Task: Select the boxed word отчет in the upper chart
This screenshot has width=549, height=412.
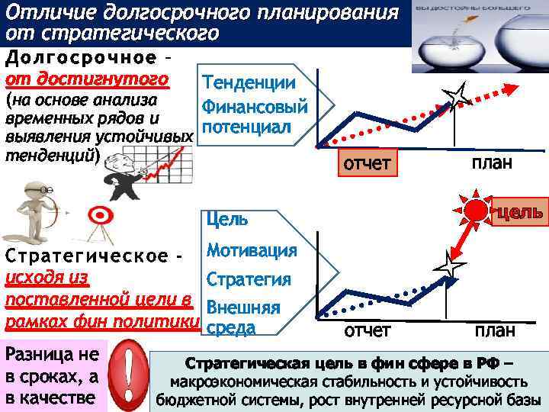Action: tap(368, 162)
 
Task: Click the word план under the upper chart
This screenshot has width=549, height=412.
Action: tap(491, 163)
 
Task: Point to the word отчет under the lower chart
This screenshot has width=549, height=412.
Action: tap(368, 330)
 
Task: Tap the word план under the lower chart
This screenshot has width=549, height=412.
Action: tap(494, 330)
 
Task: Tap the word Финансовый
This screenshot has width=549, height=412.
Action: tap(255, 105)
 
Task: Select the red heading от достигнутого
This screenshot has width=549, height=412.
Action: tap(86, 79)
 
